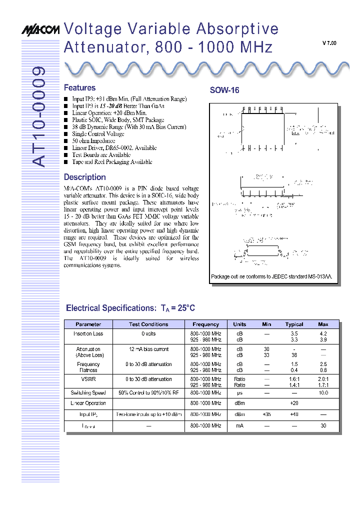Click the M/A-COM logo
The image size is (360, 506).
tap(40, 30)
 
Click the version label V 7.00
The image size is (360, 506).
tap(329, 43)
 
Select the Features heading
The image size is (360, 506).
tap(79, 87)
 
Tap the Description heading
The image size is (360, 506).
tap(84, 177)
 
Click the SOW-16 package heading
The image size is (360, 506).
tap(224, 90)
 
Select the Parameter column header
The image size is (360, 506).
tap(88, 324)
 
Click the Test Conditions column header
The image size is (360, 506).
tap(148, 324)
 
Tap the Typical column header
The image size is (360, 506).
tap(294, 324)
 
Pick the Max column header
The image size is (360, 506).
tap(323, 324)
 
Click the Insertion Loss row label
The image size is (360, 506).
tap(88, 333)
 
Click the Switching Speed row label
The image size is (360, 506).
tap(88, 393)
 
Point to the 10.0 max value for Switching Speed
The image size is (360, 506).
tap(323, 393)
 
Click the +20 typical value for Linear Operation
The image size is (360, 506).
tap(294, 403)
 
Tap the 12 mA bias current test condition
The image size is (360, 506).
tap(148, 349)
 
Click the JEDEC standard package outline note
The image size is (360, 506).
tap(271, 276)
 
